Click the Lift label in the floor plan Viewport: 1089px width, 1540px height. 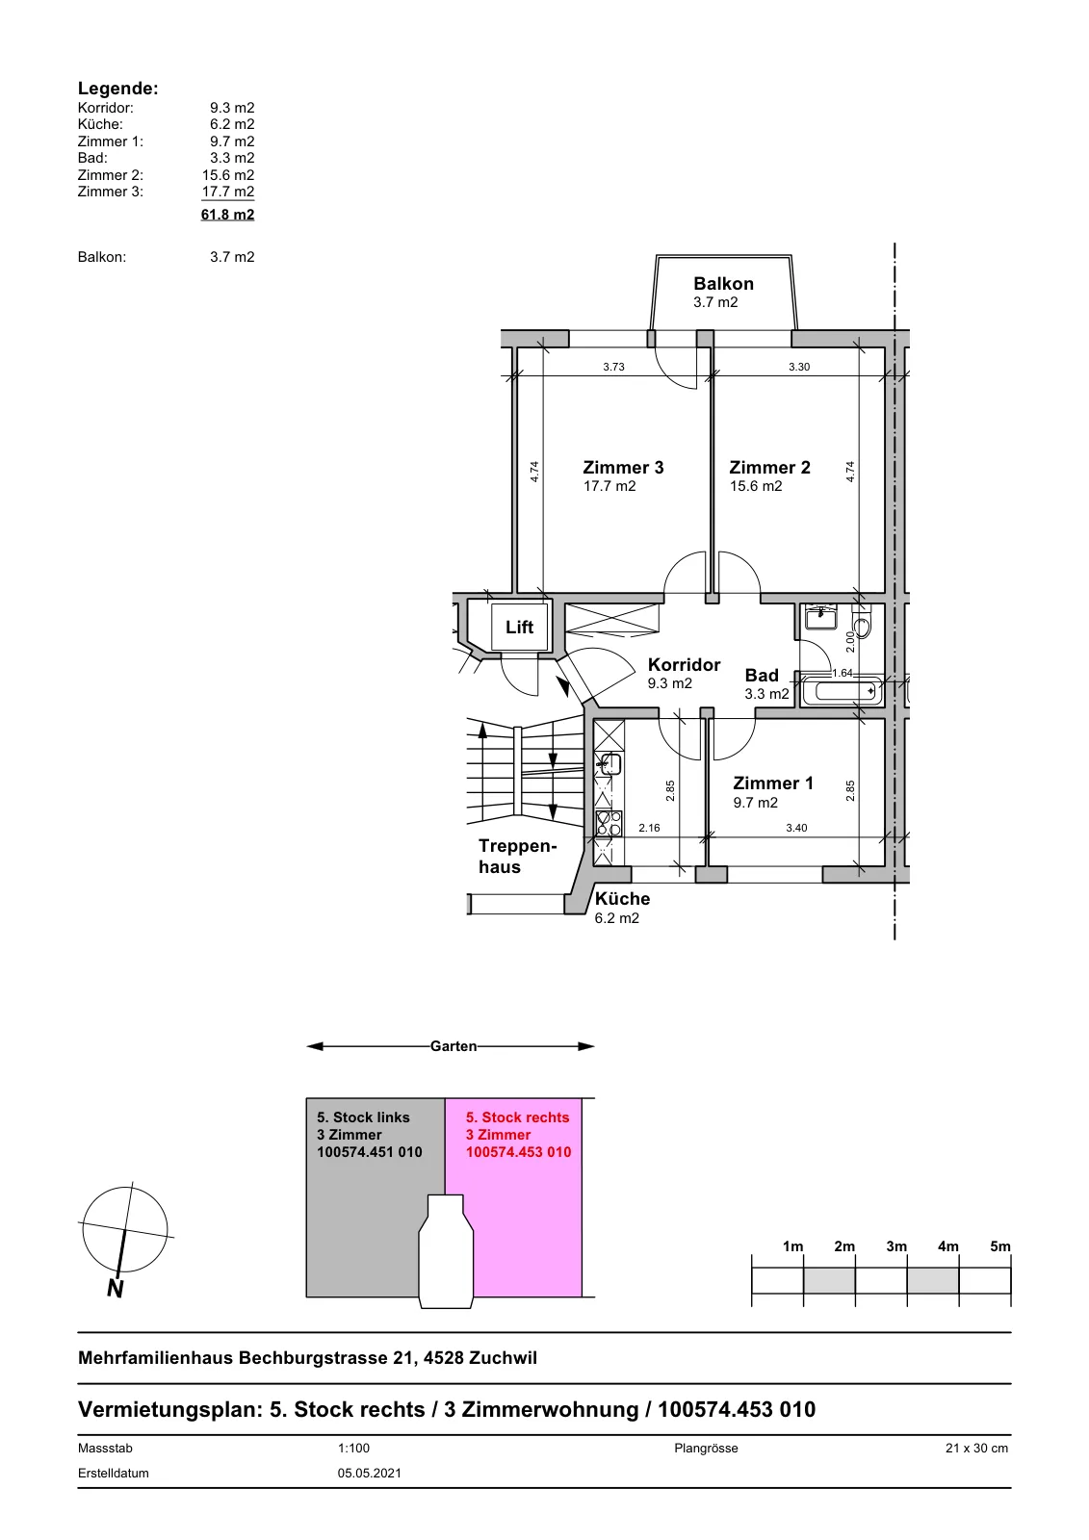(519, 627)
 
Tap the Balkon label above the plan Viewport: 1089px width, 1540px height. (723, 283)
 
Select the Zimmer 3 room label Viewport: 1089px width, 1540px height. (623, 468)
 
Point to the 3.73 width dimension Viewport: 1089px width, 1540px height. (613, 367)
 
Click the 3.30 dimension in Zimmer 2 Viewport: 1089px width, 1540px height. (799, 367)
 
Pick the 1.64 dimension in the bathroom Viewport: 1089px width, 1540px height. (843, 673)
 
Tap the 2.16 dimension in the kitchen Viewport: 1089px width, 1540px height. (649, 828)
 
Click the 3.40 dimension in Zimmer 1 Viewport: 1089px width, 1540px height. (796, 828)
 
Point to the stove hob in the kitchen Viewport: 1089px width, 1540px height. (609, 822)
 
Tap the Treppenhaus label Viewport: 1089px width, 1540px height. (517, 856)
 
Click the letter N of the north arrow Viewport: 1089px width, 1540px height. (115, 1289)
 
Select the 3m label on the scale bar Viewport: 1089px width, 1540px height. (896, 1246)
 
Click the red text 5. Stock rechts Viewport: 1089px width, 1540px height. (517, 1117)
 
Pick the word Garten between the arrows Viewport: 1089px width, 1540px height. (454, 1046)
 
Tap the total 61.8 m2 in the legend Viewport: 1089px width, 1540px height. (227, 215)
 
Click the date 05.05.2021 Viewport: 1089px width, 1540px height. (370, 1474)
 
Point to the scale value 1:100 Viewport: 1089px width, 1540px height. (353, 1448)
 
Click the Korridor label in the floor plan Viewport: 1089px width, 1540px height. (684, 665)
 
